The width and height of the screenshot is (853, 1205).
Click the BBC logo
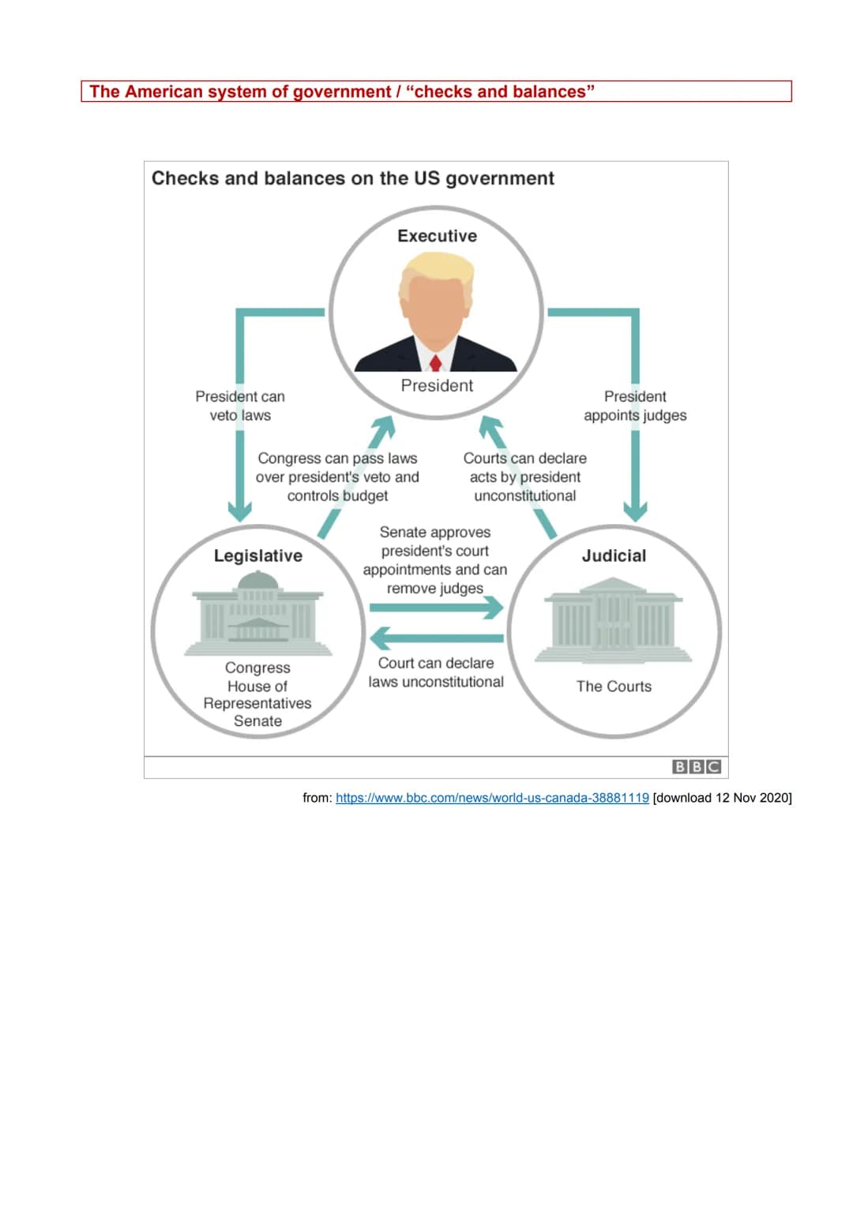pos(696,766)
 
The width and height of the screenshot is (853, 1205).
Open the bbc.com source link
pos(492,798)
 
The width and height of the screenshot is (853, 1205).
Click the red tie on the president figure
pos(435,362)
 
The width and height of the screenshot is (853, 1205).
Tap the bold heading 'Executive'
pos(437,236)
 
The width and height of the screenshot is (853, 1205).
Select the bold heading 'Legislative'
pos(258,556)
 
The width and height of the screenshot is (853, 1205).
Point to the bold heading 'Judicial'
pos(614,556)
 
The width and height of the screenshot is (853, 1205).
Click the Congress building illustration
pos(258,615)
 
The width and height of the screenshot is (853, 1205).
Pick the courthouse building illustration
pos(614,619)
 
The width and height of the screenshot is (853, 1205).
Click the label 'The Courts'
pos(614,687)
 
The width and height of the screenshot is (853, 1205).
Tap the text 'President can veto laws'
pos(240,406)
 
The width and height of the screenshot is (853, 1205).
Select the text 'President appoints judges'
pos(635,406)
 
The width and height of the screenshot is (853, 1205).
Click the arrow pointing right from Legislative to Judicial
pos(436,608)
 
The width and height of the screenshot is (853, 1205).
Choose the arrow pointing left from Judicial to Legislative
pos(436,638)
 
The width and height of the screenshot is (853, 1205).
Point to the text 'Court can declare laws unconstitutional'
pos(436,672)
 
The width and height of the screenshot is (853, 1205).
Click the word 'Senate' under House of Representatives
pos(257,721)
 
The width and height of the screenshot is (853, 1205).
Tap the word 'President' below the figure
pos(437,386)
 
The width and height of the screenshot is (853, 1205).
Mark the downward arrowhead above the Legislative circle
pos(240,511)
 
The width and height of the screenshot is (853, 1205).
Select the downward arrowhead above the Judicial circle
pos(635,511)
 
